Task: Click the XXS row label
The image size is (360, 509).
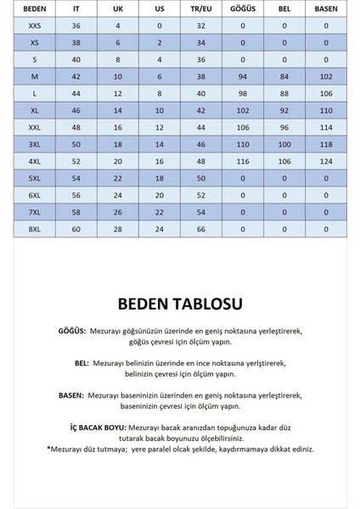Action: click(33, 26)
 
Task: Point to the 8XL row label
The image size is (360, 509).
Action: click(33, 229)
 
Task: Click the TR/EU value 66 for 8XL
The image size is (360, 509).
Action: click(201, 229)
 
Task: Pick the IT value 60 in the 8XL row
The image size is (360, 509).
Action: click(76, 229)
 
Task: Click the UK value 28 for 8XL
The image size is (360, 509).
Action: click(118, 229)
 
